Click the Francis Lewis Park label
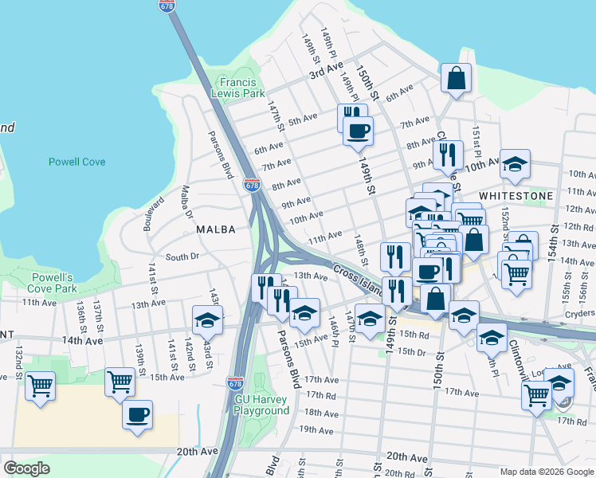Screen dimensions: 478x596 point(238,88)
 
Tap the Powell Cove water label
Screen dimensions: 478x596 point(77,162)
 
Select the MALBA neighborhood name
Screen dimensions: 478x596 point(216,229)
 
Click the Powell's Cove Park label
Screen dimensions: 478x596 point(54,282)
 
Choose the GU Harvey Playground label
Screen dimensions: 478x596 point(261,405)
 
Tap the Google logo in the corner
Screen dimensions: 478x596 point(26,468)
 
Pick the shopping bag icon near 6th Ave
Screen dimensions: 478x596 point(456,79)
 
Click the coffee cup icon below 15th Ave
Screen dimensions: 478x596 point(137,414)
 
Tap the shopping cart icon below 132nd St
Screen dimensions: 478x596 point(40,386)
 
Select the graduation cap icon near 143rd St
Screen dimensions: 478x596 point(207,319)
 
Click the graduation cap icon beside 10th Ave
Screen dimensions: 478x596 point(515,165)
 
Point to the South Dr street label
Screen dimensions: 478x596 point(182,257)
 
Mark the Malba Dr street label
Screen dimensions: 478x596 point(187,202)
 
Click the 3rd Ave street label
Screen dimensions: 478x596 point(326,69)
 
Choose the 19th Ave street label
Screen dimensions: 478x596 point(316,429)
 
